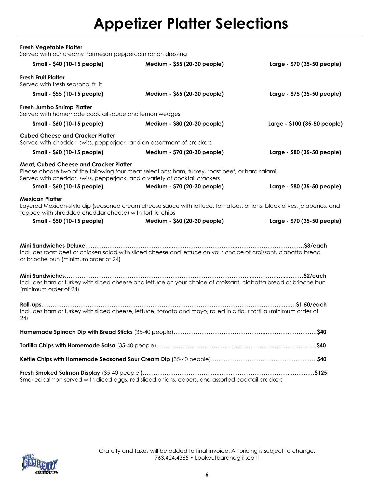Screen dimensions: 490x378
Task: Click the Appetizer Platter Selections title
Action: click(x=191, y=23)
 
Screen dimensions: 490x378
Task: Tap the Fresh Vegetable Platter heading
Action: click(x=51, y=47)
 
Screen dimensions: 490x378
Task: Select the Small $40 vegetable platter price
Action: click(x=68, y=64)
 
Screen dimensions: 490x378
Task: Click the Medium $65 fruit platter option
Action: click(x=184, y=94)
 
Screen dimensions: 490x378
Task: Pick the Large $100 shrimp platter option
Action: click(x=305, y=124)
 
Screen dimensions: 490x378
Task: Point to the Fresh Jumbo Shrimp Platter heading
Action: click(x=56, y=107)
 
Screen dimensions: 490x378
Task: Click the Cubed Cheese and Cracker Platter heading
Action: click(x=67, y=136)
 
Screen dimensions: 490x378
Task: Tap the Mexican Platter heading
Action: click(x=41, y=199)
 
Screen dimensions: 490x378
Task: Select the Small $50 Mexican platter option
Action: click(x=68, y=221)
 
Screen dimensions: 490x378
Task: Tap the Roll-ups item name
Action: click(x=31, y=305)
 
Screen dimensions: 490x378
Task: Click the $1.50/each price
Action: click(x=311, y=305)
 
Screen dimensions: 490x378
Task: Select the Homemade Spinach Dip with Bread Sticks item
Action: click(x=76, y=332)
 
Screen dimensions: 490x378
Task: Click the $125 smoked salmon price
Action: click(x=321, y=373)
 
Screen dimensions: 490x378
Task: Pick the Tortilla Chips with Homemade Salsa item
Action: click(x=67, y=346)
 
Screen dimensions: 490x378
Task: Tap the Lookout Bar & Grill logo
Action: click(x=40, y=464)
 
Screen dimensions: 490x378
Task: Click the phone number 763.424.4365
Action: click(x=171, y=458)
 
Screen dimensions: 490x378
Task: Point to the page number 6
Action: click(x=207, y=475)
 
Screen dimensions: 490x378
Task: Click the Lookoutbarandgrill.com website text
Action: click(x=227, y=458)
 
